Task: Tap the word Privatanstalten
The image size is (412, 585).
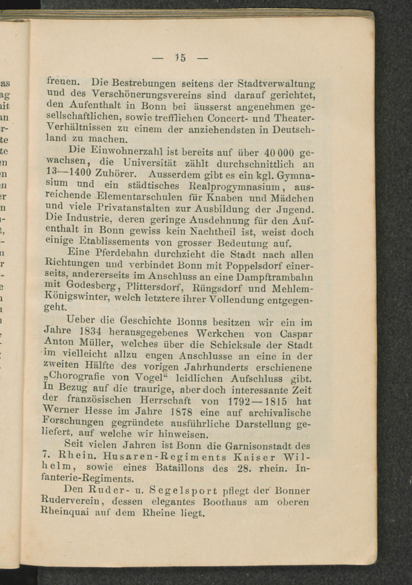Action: pyautogui.click(x=134, y=208)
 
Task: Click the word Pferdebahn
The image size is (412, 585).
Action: pyautogui.click(x=122, y=254)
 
